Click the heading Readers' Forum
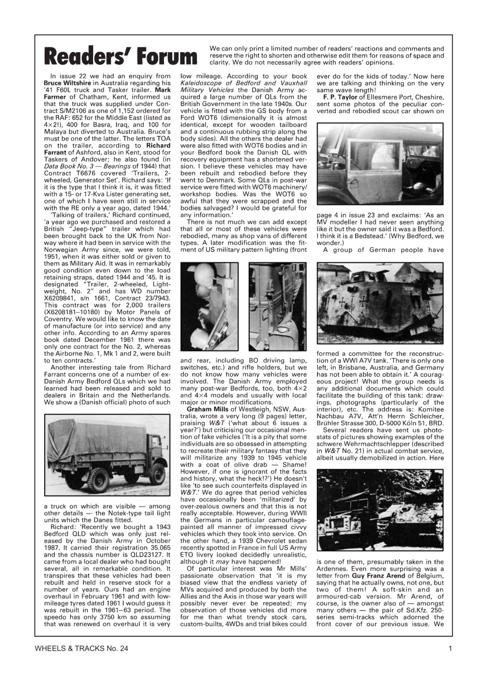tap(121, 55)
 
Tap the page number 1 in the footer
tap(449, 649)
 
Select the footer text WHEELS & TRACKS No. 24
tap(81, 649)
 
